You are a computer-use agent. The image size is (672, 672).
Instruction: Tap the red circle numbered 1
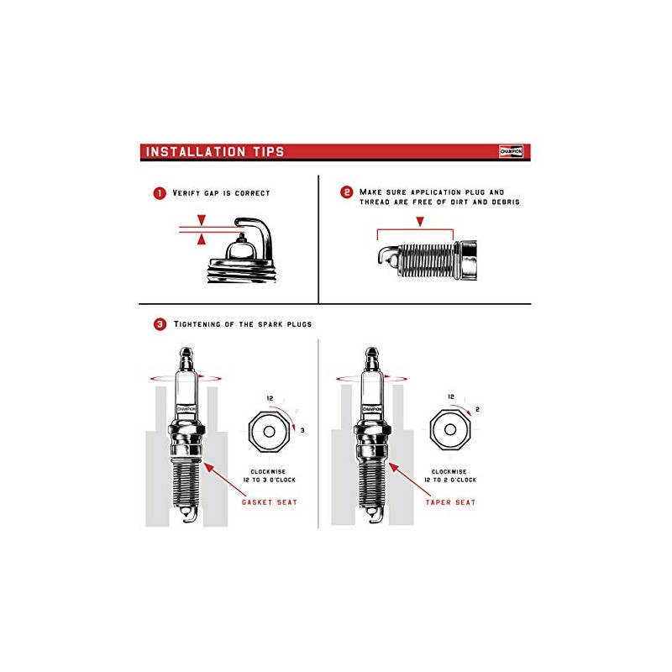pos(160,193)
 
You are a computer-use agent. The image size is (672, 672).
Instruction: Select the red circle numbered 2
pos(346,192)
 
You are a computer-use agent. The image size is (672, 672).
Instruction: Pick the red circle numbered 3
pos(160,323)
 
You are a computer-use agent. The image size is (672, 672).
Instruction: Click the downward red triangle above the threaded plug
pos(420,221)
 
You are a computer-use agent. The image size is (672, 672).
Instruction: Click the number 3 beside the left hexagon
pos(302,429)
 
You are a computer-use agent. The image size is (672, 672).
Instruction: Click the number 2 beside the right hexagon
pos(477,409)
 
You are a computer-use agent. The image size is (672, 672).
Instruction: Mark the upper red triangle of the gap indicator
pos(201,220)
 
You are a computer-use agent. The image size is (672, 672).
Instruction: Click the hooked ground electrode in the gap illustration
pos(252,225)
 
